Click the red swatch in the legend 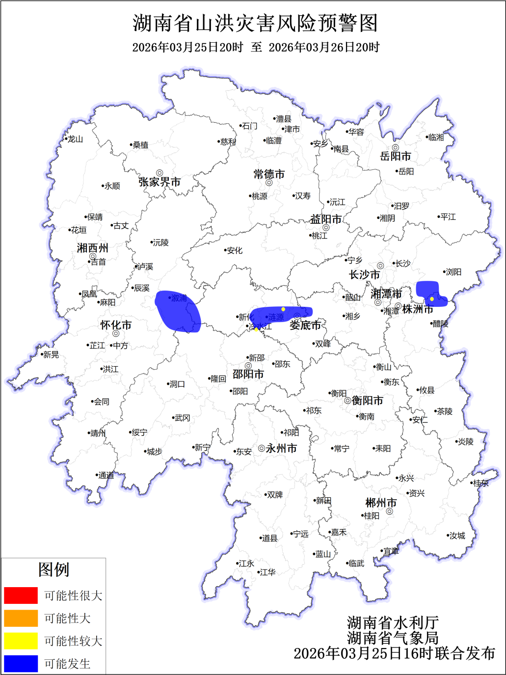21,595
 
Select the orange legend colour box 21,618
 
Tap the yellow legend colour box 21,641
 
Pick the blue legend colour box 21,664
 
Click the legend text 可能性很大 73,595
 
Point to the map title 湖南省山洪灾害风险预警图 255,23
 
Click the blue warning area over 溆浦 178,312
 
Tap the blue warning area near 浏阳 429,293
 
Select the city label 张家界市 160,182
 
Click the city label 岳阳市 395,157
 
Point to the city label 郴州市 381,503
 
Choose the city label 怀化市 116,325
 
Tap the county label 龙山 75,139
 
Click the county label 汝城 457,536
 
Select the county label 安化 235,250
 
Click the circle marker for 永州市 262,448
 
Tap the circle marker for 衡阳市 347,401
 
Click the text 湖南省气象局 393,638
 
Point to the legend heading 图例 54,569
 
